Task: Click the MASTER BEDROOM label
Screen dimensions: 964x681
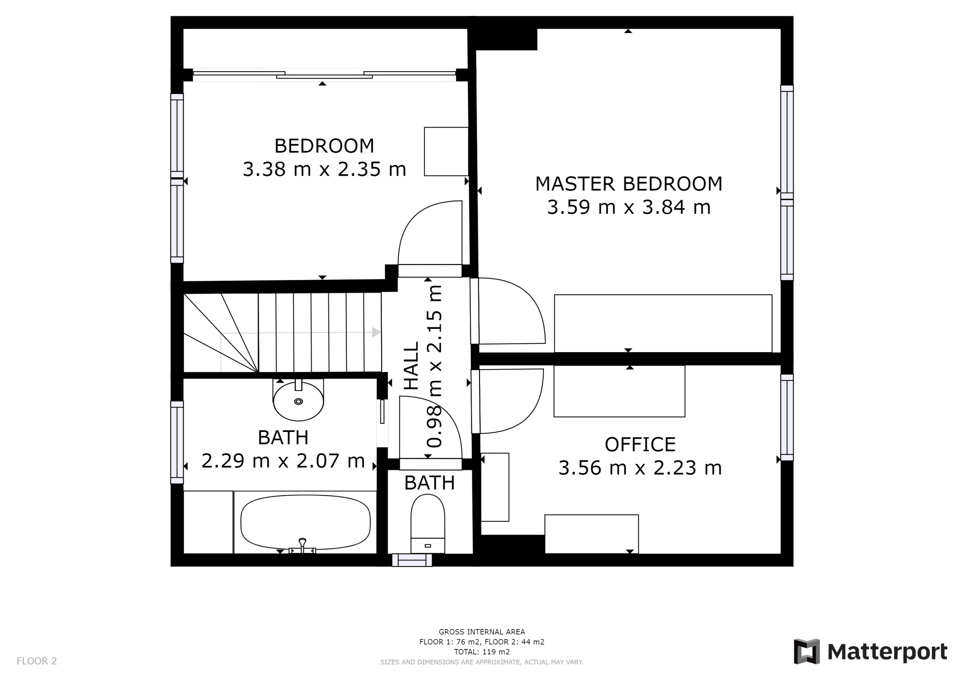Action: [x=628, y=184]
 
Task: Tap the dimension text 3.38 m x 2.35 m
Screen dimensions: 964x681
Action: [x=324, y=170]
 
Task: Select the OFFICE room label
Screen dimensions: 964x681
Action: [x=640, y=444]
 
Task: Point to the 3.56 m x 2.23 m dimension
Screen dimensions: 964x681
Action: [x=640, y=468]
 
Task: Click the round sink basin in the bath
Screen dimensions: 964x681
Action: [x=299, y=401]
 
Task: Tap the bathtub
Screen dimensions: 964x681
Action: [x=305, y=522]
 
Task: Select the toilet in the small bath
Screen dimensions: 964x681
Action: [x=427, y=523]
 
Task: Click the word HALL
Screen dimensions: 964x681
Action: [x=412, y=365]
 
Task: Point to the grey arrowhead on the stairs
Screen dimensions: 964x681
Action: [x=376, y=332]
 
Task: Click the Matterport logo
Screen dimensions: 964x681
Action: [x=870, y=652]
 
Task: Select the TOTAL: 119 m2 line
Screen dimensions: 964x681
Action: [x=482, y=652]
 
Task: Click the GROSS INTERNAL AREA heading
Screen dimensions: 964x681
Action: [x=482, y=631]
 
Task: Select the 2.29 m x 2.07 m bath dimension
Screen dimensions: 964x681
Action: [x=283, y=461]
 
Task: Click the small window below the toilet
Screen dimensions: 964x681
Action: [x=412, y=560]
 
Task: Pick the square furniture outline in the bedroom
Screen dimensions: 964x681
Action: [x=446, y=152]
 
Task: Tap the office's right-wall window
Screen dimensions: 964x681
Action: [x=787, y=418]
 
